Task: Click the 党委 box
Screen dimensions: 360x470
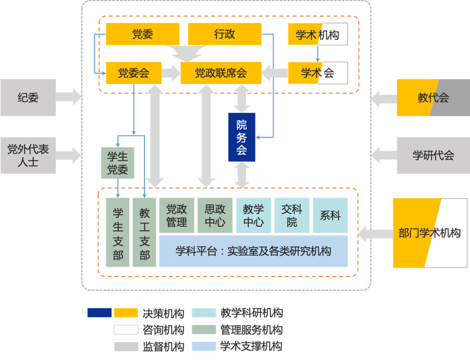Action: (x=143, y=34)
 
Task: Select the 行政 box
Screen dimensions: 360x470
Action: (x=225, y=34)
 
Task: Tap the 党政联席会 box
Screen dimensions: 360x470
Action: (x=221, y=73)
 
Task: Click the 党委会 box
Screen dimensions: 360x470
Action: (x=134, y=73)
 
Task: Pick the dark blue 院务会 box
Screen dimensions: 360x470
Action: (x=242, y=138)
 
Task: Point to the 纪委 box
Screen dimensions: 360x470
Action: (x=28, y=98)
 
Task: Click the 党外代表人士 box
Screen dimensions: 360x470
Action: (x=28, y=155)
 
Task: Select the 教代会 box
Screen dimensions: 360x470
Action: (x=433, y=98)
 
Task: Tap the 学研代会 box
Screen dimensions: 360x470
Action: (x=433, y=155)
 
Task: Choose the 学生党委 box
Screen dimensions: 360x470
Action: (x=117, y=163)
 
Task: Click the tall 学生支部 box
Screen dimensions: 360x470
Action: (x=118, y=232)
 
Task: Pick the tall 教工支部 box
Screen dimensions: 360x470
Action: (x=144, y=232)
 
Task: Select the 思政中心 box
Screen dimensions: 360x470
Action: (x=215, y=215)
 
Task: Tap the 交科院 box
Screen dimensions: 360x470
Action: (x=292, y=215)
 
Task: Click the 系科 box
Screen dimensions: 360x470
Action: (x=330, y=215)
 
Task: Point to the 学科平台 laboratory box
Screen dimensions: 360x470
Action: (x=253, y=251)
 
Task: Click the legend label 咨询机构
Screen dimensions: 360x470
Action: (x=163, y=330)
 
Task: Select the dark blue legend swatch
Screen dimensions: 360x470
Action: (x=100, y=313)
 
